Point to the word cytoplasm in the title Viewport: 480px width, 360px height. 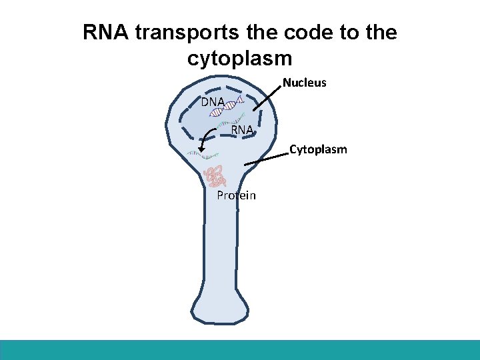[x=240, y=59]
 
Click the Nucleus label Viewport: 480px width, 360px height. [x=305, y=83]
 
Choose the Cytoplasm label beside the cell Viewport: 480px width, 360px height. [x=318, y=149]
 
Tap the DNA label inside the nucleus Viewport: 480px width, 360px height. [x=213, y=102]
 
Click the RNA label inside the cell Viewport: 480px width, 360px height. [x=242, y=129]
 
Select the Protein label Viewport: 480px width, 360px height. [x=236, y=195]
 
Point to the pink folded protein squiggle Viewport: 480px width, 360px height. [x=216, y=177]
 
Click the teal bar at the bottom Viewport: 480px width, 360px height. [x=240, y=350]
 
